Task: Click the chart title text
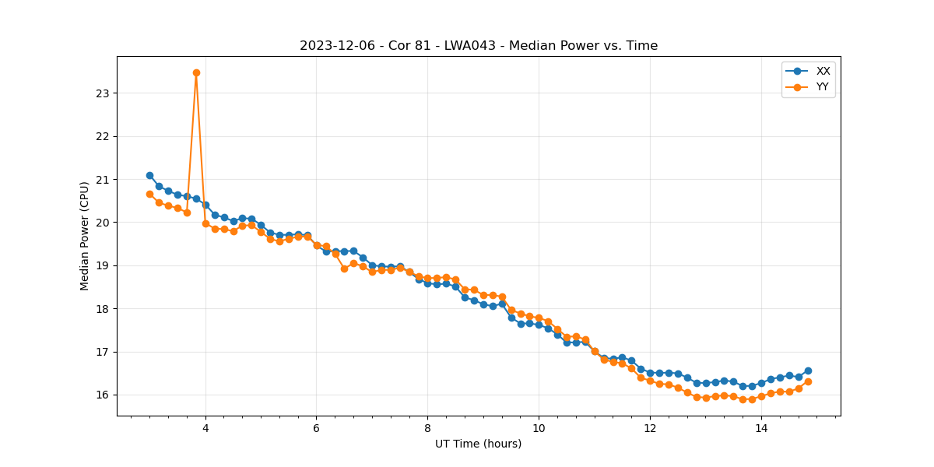point(479,46)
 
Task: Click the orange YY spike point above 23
point(196,72)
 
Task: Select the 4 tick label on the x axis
point(205,427)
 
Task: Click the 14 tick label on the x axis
point(761,427)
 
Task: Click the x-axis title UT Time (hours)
point(479,444)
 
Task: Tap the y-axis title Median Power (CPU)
point(85,236)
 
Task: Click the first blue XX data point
point(149,175)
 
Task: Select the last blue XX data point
point(808,370)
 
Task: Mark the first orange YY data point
point(149,194)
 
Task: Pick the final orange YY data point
point(808,381)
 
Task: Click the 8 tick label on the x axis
point(427,427)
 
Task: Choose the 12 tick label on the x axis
point(650,427)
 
